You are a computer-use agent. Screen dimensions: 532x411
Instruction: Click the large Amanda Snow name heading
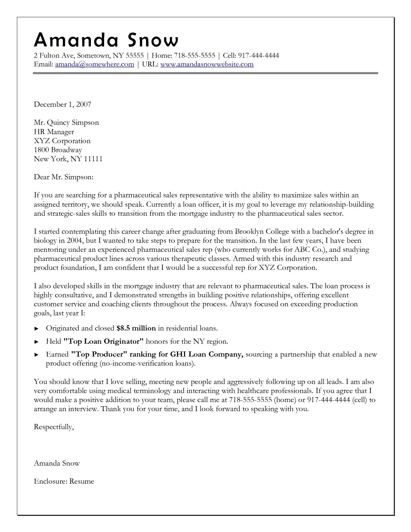[106, 40]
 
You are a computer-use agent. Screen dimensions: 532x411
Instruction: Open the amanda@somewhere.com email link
[94, 64]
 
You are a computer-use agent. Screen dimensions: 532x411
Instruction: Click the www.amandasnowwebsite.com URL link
[207, 64]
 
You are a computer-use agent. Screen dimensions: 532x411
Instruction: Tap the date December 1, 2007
[63, 104]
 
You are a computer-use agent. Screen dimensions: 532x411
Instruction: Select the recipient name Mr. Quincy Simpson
[66, 123]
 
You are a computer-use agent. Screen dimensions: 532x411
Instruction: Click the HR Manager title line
[54, 132]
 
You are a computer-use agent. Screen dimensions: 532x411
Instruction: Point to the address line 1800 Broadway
[58, 150]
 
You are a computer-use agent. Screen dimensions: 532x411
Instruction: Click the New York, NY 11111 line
[68, 159]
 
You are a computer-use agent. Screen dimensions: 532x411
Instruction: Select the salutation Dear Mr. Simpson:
[64, 177]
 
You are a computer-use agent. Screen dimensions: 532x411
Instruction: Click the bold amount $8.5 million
[136, 328]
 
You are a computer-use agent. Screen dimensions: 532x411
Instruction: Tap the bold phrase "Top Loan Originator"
[103, 341]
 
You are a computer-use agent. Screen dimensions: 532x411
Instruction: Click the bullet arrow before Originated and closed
[37, 329]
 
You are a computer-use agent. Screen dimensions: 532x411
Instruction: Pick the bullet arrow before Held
[37, 341]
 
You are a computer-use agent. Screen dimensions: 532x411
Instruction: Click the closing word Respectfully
[54, 427]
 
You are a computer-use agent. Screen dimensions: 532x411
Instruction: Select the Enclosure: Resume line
[64, 481]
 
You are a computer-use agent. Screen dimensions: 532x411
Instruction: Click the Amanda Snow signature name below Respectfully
[56, 463]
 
